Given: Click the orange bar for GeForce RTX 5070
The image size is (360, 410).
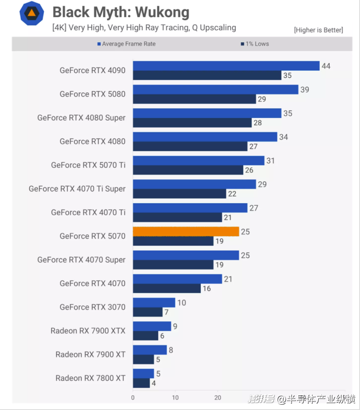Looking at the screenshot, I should click(x=186, y=231).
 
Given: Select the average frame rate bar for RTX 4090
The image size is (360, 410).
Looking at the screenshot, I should click(x=226, y=66).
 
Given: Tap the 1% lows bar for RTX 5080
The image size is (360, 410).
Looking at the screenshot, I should click(x=194, y=99).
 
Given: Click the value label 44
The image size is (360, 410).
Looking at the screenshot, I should click(x=326, y=66).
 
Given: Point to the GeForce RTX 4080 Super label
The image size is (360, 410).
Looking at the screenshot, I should click(x=81, y=118).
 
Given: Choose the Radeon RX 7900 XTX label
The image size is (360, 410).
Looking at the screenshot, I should click(x=88, y=330).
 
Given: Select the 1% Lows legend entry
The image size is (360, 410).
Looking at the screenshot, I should click(x=255, y=44).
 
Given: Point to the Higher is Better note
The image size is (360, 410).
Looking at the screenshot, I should click(x=318, y=30).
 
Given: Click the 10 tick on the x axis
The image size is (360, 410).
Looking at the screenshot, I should click(x=175, y=397).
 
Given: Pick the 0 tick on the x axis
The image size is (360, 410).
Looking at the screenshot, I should click(x=133, y=397).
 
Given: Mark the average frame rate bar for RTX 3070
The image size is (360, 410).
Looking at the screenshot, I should click(x=154, y=302).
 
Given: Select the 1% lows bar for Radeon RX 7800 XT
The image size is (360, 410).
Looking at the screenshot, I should click(x=141, y=383).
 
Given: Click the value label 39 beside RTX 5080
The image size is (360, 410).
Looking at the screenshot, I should click(x=305, y=89).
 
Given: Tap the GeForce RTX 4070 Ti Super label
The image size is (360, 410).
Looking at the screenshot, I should click(x=77, y=189).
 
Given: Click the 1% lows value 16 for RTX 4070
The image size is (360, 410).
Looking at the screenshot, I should click(x=207, y=288).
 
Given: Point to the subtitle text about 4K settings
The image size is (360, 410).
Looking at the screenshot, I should click(x=144, y=28).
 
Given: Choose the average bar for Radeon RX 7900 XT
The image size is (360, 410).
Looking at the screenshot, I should click(x=150, y=350).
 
